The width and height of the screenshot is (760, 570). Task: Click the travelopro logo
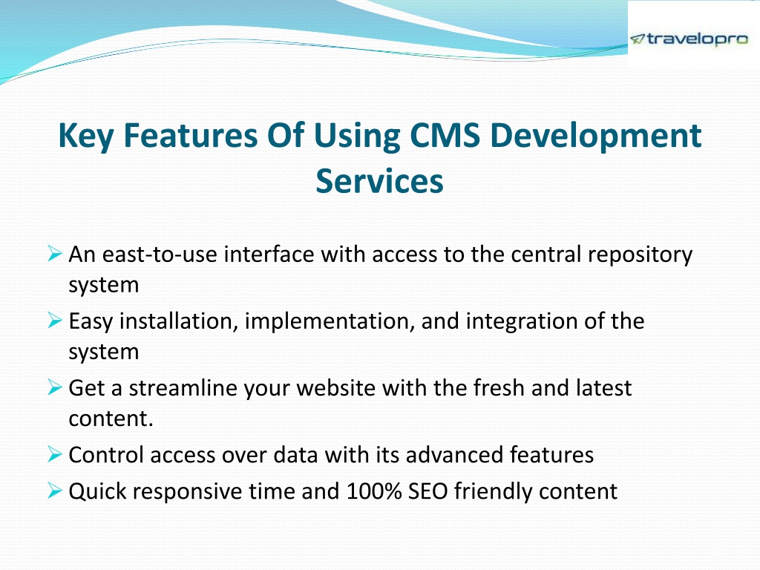pyautogui.click(x=689, y=39)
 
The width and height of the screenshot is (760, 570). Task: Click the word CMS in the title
pyautogui.click(x=445, y=135)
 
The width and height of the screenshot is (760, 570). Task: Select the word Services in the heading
pyautogui.click(x=379, y=181)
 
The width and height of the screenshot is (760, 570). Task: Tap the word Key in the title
pyautogui.click(x=86, y=137)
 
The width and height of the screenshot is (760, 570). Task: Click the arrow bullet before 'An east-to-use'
pyautogui.click(x=55, y=253)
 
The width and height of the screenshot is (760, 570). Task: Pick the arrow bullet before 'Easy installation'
pyautogui.click(x=55, y=320)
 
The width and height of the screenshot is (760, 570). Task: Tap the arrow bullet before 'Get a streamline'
pyautogui.click(x=55, y=387)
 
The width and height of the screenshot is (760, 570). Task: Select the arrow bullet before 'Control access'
pyautogui.click(x=55, y=453)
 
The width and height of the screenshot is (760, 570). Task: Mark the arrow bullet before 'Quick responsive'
pyautogui.click(x=55, y=490)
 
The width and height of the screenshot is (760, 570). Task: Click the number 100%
pyautogui.click(x=374, y=491)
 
